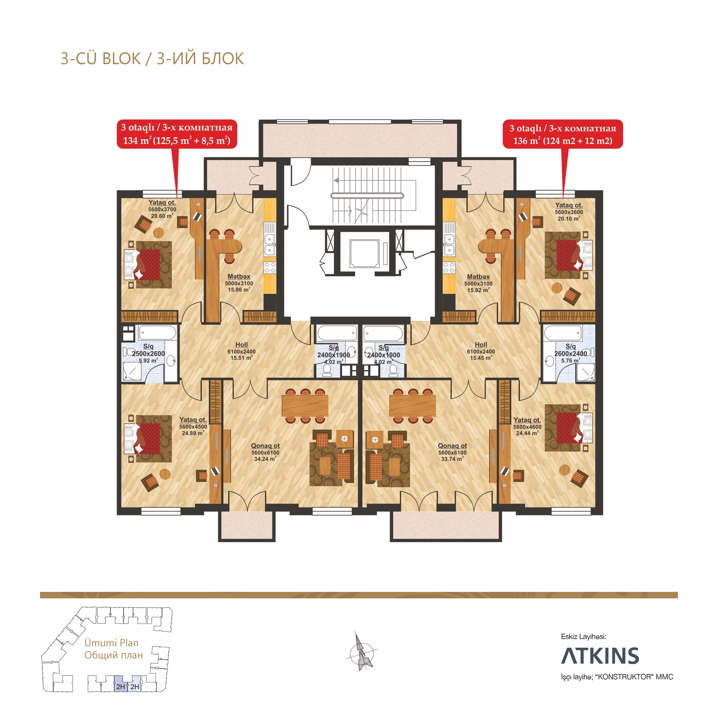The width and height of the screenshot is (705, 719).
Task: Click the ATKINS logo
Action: pos(600,656)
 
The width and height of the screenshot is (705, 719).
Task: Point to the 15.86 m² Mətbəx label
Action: pos(239,283)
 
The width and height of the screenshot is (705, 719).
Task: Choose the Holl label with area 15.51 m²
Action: pos(241,351)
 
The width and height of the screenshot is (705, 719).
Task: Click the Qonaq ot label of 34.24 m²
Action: pos(265,452)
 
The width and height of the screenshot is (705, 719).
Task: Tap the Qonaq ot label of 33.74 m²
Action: pos(452,452)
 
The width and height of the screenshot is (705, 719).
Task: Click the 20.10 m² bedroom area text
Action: pos(569,219)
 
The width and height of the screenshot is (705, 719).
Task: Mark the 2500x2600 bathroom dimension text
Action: pos(148,354)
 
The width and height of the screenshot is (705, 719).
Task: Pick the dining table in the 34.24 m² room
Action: pos(305,406)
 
